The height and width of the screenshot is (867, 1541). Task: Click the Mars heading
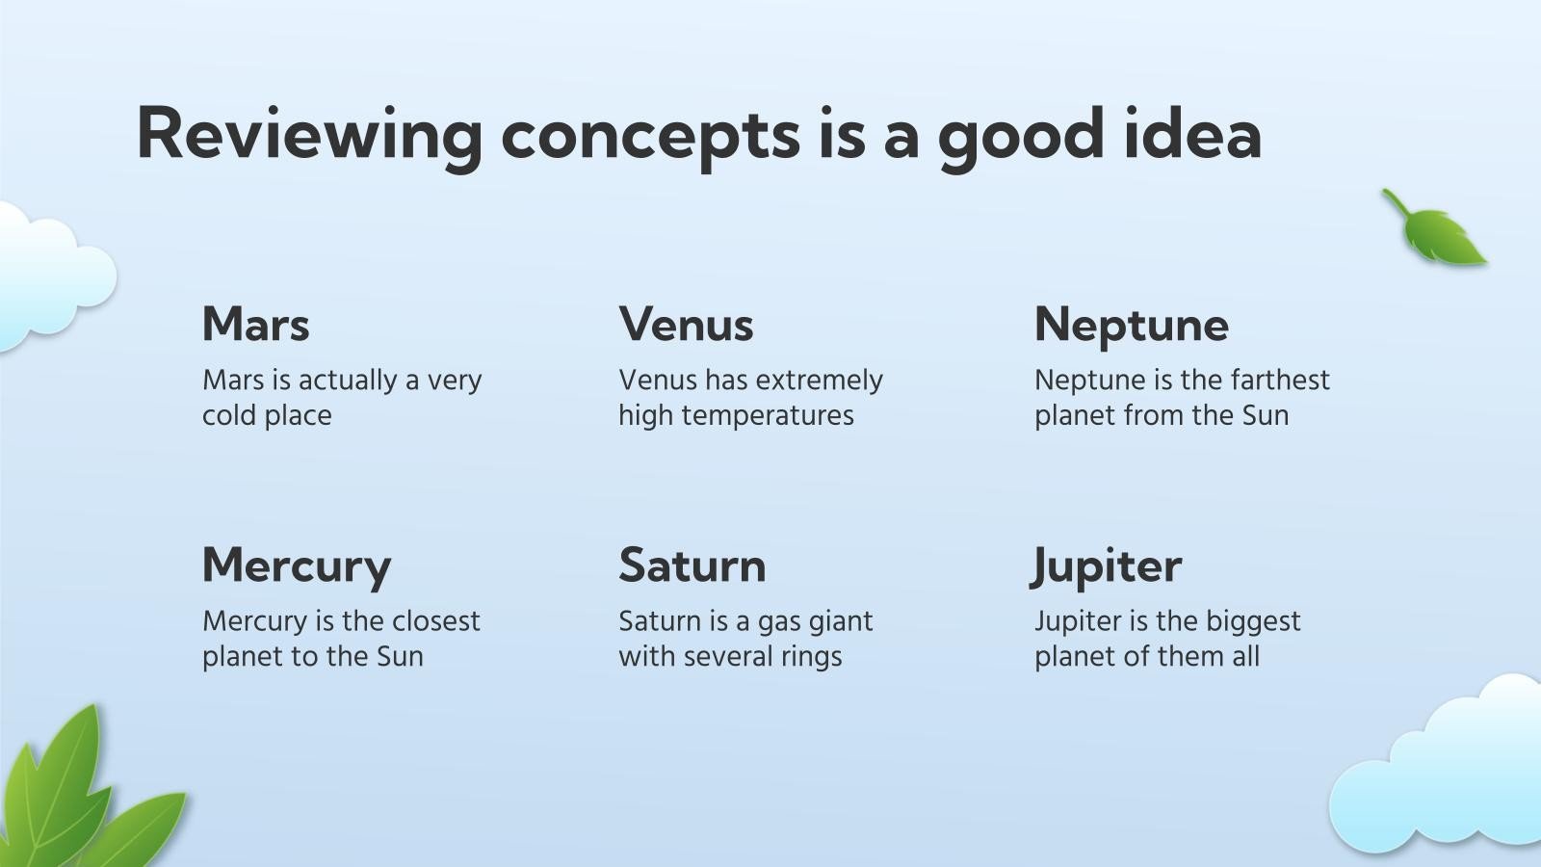click(x=255, y=325)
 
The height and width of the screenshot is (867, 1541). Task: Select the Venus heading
click(x=686, y=325)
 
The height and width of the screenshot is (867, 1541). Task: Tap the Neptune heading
click(x=1131, y=325)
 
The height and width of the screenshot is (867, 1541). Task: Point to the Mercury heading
click(x=296, y=565)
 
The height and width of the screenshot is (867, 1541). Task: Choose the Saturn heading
click(x=692, y=565)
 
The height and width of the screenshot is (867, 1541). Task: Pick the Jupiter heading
click(x=1106, y=565)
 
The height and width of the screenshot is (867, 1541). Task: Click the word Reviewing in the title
click(x=309, y=135)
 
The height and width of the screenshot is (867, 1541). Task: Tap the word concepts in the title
click(x=650, y=135)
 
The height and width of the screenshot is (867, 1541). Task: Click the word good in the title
click(x=1021, y=135)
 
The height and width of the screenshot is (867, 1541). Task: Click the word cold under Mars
click(x=228, y=416)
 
